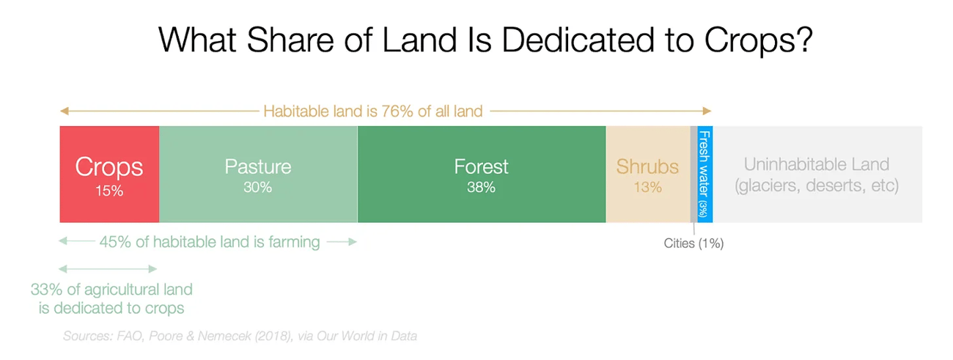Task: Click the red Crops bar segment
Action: point(109,174)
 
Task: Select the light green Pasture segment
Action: point(258,174)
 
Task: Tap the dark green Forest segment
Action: point(482,174)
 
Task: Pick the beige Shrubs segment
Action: point(648,174)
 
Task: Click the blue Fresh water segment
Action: point(705,174)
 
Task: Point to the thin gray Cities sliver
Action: point(694,174)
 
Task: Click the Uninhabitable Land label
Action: point(817,175)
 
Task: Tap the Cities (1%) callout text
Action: point(694,243)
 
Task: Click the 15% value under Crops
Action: point(109,191)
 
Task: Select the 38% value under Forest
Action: point(481,187)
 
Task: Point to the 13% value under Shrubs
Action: point(648,187)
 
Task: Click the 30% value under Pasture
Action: point(258,187)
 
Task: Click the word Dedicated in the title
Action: point(578,40)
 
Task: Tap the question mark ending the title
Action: point(804,40)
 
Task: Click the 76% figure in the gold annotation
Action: point(397,111)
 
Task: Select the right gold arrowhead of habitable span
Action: point(707,111)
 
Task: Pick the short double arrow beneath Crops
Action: point(108,269)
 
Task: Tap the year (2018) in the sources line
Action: point(274,336)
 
